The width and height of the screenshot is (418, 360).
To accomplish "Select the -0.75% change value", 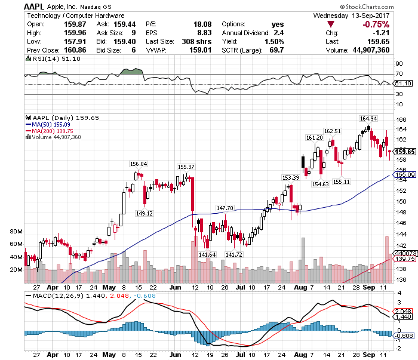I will tap(376, 24).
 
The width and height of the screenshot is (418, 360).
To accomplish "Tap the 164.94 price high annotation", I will tap(367, 118).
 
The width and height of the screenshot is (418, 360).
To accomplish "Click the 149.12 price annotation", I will tap(145, 213).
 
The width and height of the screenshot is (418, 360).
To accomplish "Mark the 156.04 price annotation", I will tap(139, 164).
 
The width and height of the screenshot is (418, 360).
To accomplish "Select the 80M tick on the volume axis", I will tap(16, 231).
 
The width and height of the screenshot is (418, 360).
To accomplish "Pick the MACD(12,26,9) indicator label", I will tap(54, 296).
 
